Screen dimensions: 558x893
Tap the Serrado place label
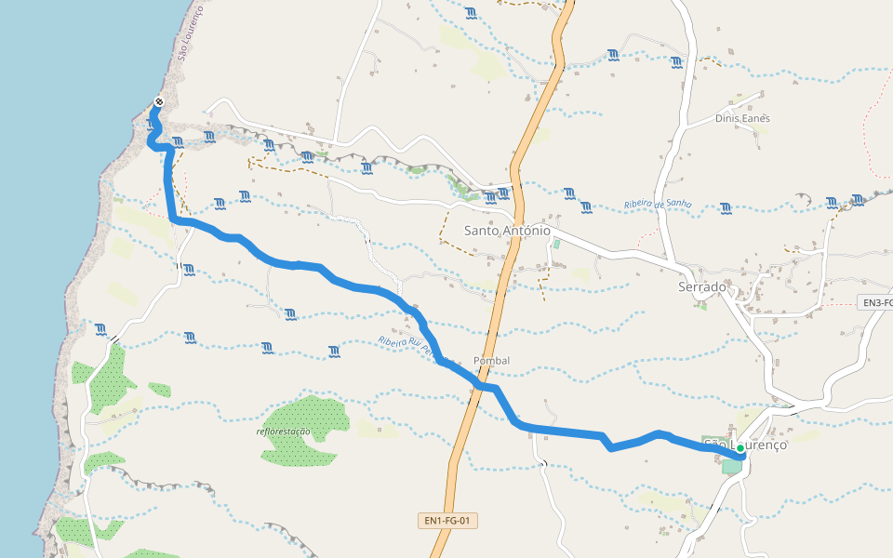point(701,287)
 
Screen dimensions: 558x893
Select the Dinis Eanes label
point(742,118)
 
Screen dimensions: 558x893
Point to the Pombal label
point(491,361)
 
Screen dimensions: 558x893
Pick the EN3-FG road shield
point(875,303)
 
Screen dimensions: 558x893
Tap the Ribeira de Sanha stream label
point(659,205)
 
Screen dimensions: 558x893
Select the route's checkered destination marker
point(159,102)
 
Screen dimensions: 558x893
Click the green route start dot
point(740,448)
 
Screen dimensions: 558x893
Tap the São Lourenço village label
point(746,445)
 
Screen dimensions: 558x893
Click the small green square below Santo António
point(557,244)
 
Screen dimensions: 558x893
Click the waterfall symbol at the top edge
point(472,12)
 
